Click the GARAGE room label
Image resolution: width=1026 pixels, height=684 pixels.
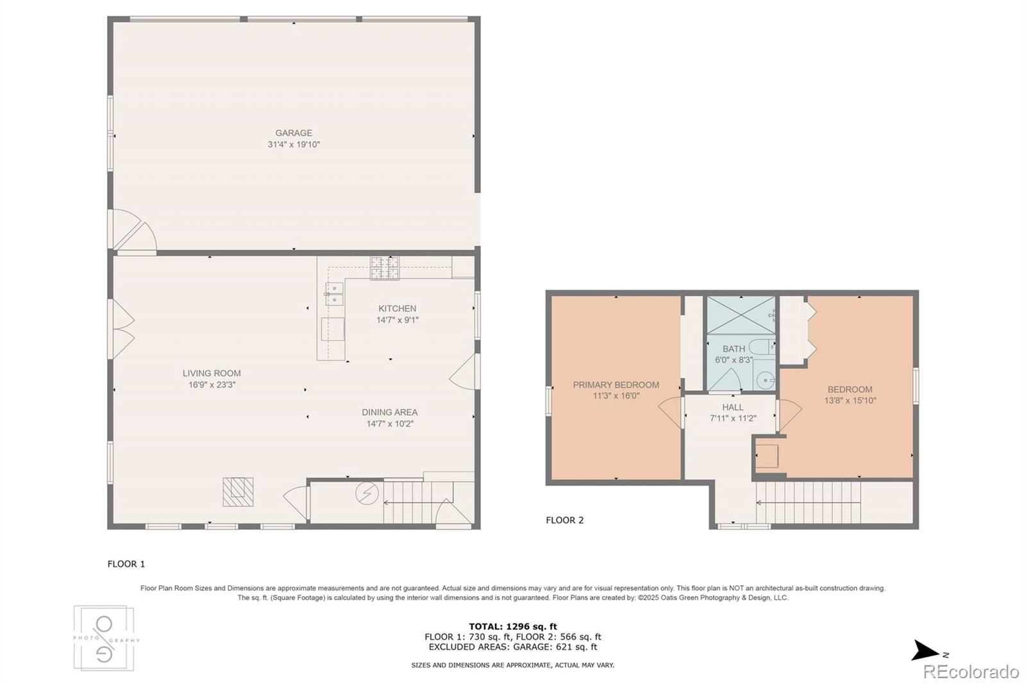point(294,133)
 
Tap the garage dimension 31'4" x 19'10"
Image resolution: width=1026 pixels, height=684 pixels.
point(294,144)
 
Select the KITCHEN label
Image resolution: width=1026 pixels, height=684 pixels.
point(397,309)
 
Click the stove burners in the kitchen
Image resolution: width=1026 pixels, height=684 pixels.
point(384,268)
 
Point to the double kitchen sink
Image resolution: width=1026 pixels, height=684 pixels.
point(334,294)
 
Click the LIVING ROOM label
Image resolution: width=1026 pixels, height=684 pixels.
point(212,373)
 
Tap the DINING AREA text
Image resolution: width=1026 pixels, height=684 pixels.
point(389,413)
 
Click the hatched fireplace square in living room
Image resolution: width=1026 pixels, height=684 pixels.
point(238,492)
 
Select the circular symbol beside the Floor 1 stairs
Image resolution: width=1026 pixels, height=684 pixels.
point(367,493)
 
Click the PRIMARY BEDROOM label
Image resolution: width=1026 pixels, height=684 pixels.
point(616,385)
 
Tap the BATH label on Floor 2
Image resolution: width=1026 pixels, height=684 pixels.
point(734,349)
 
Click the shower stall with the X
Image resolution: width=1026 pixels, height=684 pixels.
point(741,314)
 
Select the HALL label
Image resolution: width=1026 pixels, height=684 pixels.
point(733,407)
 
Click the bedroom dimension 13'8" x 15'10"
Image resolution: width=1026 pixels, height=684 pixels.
point(850,400)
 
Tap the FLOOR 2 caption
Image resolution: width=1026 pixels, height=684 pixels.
point(564,520)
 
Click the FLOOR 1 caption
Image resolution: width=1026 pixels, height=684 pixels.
point(126,564)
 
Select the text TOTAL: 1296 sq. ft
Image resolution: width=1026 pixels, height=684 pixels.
point(512,626)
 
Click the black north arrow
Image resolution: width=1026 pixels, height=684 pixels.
point(925,650)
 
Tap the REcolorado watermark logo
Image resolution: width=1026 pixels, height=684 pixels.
point(970,672)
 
